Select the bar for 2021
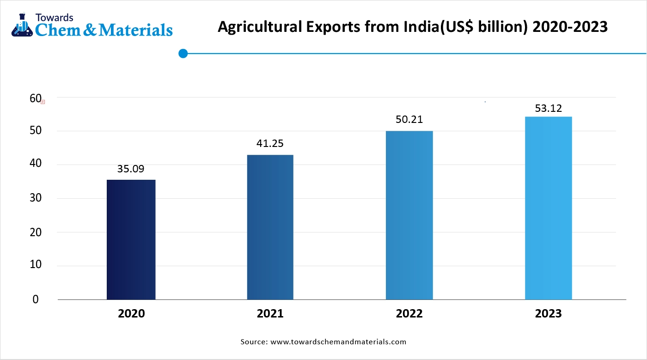pyautogui.click(x=270, y=227)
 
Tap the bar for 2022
pyautogui.click(x=409, y=215)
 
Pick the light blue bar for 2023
pyautogui.click(x=548, y=208)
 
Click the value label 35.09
pyautogui.click(x=131, y=169)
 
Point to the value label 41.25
pyautogui.click(x=270, y=143)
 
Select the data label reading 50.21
pyautogui.click(x=409, y=120)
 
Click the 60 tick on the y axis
pyautogui.click(x=36, y=98)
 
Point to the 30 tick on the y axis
pyautogui.click(x=36, y=198)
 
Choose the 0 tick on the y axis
pyautogui.click(x=36, y=299)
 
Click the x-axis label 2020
pyautogui.click(x=131, y=314)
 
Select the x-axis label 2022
pyautogui.click(x=409, y=314)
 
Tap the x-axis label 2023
pyautogui.click(x=548, y=314)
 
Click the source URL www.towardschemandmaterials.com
pyautogui.click(x=338, y=342)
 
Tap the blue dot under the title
pyautogui.click(x=183, y=54)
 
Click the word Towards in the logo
pyautogui.click(x=55, y=18)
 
